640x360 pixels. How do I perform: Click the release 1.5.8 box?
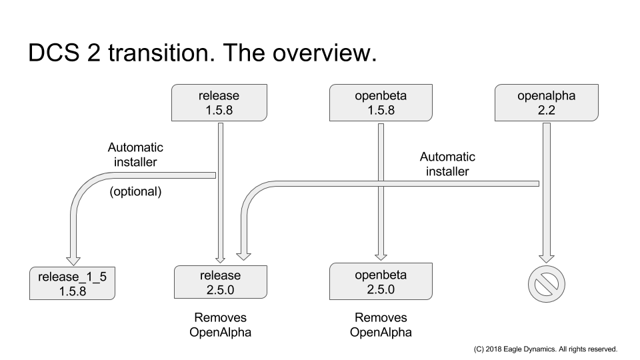pos(219,103)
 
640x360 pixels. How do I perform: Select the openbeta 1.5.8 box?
pos(381,103)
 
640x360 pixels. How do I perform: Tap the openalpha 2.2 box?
pos(547,103)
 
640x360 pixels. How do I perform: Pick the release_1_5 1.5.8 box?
pos(72,283)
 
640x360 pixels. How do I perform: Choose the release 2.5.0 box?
pos(221,282)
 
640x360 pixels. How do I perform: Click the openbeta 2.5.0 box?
pos(381,281)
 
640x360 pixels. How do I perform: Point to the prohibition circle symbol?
pos(547,284)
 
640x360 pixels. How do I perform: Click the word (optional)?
pos(135,191)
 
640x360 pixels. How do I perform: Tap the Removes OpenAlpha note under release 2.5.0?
pos(221,325)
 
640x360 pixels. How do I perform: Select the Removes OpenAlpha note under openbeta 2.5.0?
pos(381,325)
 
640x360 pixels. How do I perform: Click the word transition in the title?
pos(161,53)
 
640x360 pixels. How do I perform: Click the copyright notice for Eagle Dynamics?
pos(545,349)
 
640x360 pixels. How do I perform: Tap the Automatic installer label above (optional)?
pos(135,155)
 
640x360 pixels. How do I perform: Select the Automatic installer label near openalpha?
pos(447,164)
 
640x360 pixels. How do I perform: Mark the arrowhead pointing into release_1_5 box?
pos(73,261)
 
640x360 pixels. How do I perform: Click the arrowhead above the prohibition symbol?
pos(547,259)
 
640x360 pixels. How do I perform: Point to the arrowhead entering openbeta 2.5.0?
pos(381,256)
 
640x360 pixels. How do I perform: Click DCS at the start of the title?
pos(54,53)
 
